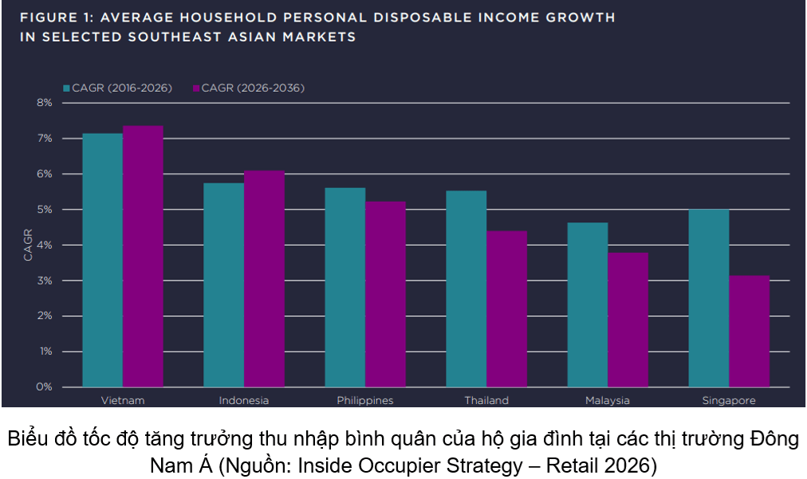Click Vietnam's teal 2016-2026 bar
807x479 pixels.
point(102,260)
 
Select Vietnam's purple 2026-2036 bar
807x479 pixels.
point(143,256)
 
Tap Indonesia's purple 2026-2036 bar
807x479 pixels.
point(264,278)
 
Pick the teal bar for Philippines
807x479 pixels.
point(344,287)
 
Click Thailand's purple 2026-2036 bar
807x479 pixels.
point(506,308)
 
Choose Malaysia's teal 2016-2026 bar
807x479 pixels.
point(587,304)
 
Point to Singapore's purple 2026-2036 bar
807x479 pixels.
point(749,332)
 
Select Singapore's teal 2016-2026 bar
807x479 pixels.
point(709,298)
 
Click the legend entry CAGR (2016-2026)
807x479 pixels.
point(117,88)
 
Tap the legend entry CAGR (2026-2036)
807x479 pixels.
point(249,88)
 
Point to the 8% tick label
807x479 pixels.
point(45,103)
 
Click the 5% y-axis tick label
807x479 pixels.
point(45,210)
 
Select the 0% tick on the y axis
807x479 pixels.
point(45,387)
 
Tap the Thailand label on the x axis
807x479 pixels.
point(486,400)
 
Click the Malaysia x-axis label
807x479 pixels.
point(608,400)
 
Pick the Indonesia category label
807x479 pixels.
point(244,400)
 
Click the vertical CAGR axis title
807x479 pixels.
point(28,245)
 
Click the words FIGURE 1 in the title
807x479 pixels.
point(57,18)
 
